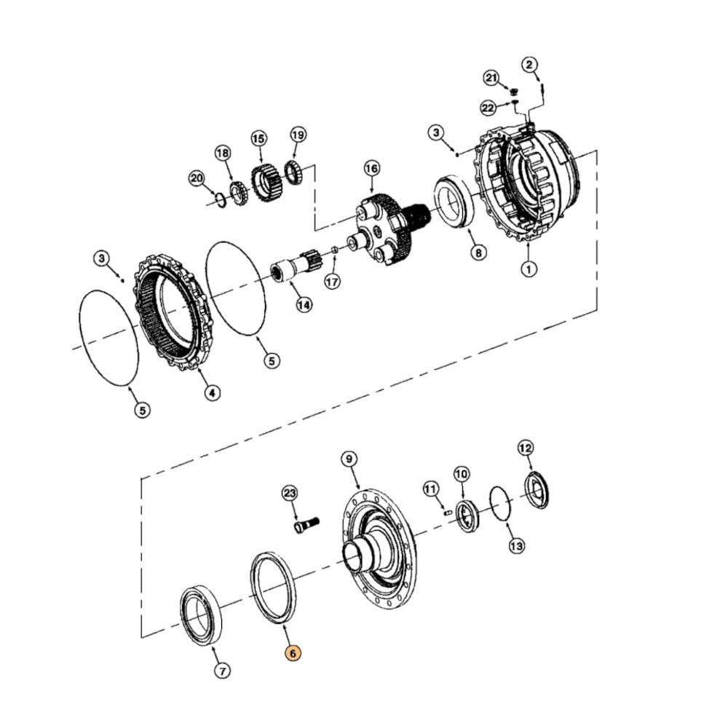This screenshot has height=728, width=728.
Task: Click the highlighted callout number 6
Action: [292, 653]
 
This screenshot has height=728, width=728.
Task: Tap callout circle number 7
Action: [223, 670]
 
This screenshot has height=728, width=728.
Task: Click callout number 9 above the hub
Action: [349, 459]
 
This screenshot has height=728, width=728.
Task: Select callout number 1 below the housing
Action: [529, 269]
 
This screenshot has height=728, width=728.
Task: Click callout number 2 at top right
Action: [529, 65]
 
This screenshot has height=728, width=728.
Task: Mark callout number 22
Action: [488, 108]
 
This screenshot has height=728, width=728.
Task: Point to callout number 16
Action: [371, 169]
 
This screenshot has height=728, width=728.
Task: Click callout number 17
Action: [332, 281]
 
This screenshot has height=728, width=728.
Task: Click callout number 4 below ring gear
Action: [211, 393]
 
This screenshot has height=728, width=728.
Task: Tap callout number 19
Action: [297, 135]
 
